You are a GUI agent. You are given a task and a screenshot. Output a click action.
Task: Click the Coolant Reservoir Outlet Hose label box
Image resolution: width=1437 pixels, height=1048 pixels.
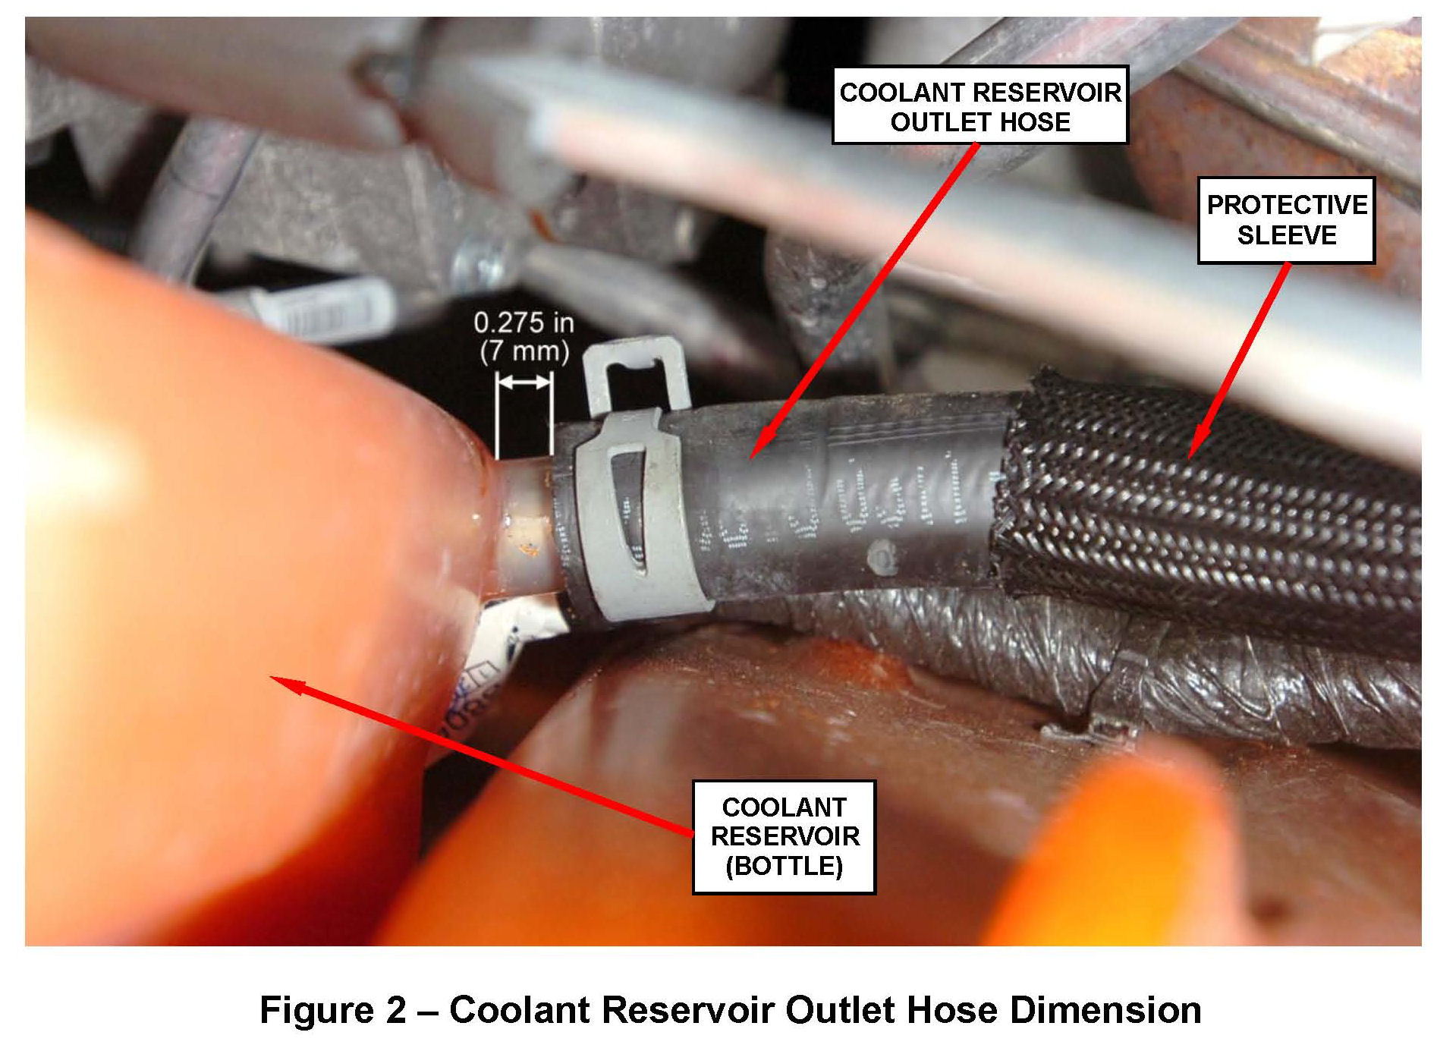coord(979,106)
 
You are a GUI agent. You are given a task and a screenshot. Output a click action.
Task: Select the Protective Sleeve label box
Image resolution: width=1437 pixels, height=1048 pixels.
coord(1286,220)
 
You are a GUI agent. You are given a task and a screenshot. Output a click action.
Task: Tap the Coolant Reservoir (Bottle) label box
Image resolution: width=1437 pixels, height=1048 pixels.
coord(784,836)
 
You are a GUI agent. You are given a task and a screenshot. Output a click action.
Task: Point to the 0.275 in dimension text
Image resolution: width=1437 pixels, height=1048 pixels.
coord(524,323)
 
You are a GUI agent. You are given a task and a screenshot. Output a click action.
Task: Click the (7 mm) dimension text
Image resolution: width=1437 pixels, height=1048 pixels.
coord(524,351)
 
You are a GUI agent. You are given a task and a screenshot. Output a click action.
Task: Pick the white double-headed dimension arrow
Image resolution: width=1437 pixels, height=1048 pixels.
coord(524,384)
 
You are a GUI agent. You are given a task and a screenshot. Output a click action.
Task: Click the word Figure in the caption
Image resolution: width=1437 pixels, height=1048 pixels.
coord(312,1010)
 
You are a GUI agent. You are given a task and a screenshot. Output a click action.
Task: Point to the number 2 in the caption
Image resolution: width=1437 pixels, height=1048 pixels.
coord(395,1010)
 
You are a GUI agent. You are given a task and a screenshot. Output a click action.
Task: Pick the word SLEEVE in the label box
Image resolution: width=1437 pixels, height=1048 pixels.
coord(1286,235)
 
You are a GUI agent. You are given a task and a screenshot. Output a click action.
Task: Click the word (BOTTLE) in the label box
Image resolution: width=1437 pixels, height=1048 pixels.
coord(784,866)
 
